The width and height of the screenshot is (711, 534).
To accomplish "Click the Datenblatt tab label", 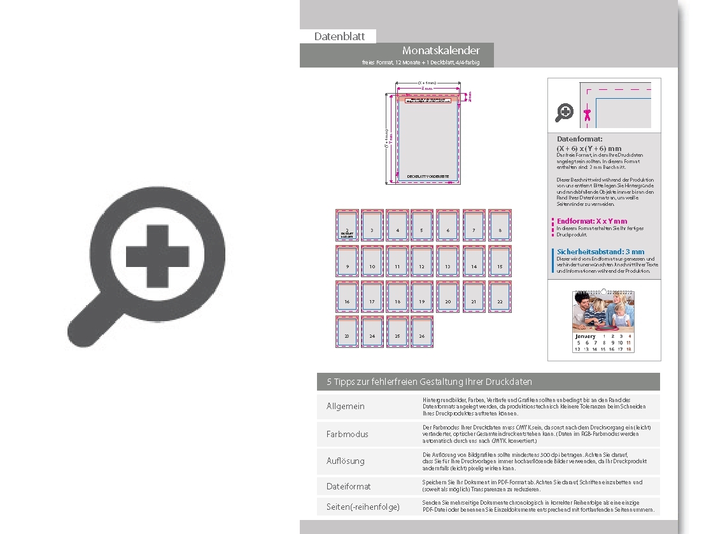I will click(339, 36).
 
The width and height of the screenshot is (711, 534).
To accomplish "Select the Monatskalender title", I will click(440, 50).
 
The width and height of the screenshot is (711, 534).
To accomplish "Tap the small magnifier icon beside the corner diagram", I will click(564, 113).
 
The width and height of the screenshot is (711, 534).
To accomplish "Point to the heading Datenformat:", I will click(579, 139).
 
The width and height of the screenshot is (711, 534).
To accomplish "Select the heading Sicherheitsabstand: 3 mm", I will click(600, 252).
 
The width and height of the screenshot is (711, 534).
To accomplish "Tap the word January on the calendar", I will click(585, 336).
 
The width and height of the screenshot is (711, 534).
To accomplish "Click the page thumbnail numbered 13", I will click(447, 261).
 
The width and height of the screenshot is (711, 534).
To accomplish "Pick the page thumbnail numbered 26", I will click(422, 332).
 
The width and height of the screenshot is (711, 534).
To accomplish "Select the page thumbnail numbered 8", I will click(500, 225).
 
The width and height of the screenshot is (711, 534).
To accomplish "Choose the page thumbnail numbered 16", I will click(347, 297).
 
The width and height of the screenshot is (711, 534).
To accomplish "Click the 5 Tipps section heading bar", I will click(488, 382).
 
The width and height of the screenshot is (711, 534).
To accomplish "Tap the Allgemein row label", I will click(346, 406).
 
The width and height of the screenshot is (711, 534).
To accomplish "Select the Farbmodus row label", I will click(348, 434).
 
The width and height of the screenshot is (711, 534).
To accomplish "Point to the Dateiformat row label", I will click(348, 486).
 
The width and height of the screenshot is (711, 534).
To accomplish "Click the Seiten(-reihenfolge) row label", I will click(363, 507).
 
